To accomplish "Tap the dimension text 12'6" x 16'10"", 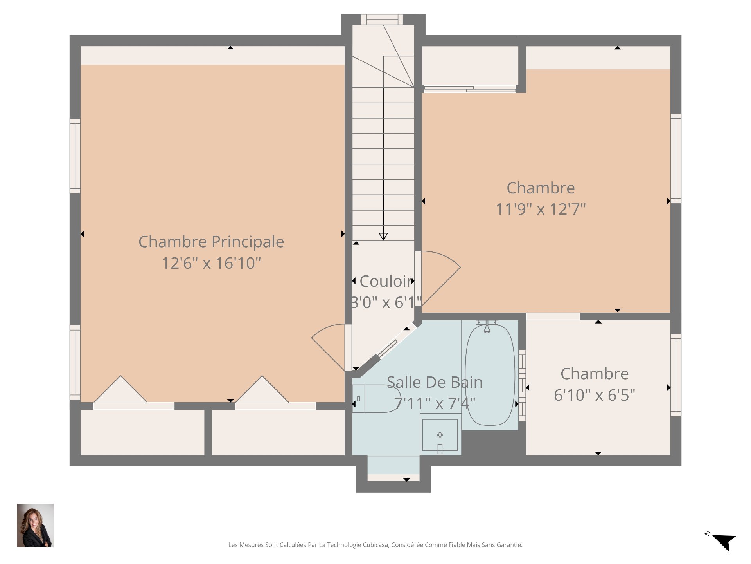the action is click(x=211, y=263).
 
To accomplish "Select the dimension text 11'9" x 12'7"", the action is click(x=541, y=209).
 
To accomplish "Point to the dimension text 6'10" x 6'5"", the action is click(x=595, y=395).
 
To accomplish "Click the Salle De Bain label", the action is click(x=435, y=382).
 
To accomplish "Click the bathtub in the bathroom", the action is click(x=490, y=375).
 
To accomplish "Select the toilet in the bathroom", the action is click(x=376, y=399).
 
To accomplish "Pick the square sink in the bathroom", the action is click(x=440, y=435).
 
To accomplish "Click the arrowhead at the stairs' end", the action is click(x=383, y=237).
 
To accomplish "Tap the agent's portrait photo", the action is click(x=35, y=525).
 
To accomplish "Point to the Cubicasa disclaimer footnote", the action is click(x=375, y=545).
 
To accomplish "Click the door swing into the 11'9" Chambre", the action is click(x=438, y=278).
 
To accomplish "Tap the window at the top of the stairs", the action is click(x=382, y=20).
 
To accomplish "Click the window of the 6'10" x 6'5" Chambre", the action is click(x=676, y=375).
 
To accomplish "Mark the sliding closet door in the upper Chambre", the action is click(x=470, y=89).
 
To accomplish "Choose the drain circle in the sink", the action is click(x=440, y=435).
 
